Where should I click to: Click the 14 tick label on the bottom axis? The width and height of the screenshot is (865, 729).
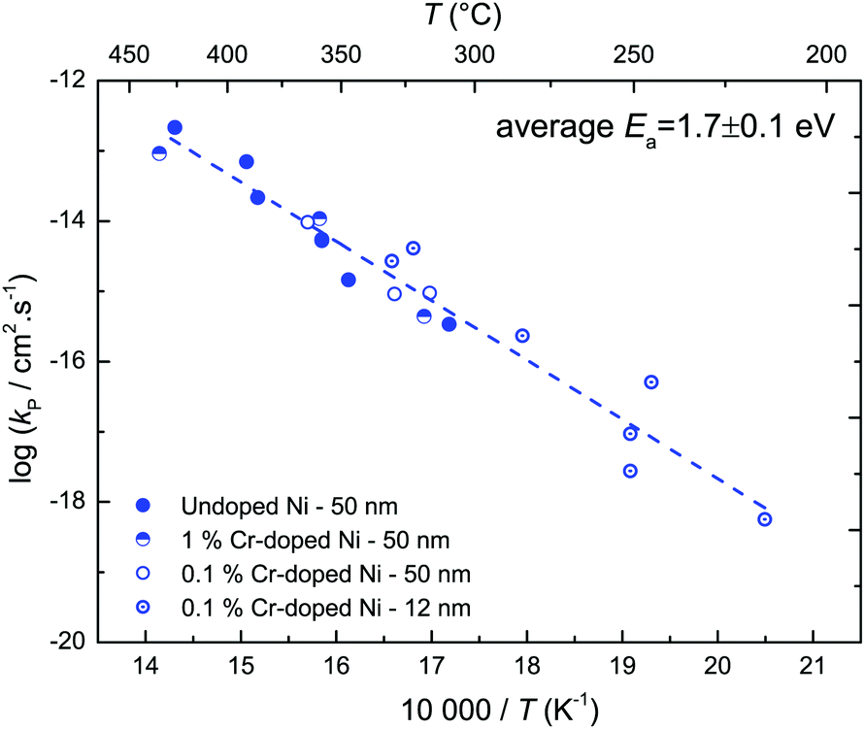click(x=146, y=668)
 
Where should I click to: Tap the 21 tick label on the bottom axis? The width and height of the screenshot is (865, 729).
click(x=813, y=668)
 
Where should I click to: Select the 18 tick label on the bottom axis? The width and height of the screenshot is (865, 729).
click(x=527, y=668)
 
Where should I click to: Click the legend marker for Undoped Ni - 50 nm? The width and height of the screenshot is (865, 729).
click(x=144, y=505)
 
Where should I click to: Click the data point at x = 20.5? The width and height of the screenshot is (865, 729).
click(x=765, y=519)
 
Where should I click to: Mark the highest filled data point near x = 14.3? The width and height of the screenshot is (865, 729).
click(x=175, y=127)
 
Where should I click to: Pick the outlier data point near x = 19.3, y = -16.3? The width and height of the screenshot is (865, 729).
click(x=651, y=381)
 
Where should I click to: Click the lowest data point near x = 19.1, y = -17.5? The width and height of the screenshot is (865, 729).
click(x=630, y=471)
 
